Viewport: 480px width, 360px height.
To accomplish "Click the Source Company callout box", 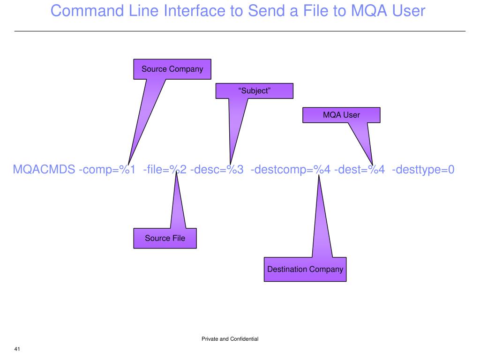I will tap(172, 69).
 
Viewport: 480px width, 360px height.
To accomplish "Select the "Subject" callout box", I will tap(254, 91).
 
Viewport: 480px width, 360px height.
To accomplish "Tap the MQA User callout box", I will tap(341, 115).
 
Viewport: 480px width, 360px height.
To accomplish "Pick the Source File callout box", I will tap(165, 238).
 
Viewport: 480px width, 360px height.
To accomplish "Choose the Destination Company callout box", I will tap(305, 269).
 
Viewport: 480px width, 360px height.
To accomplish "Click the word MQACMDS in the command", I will tap(44, 169).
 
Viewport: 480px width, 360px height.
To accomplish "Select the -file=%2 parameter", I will tap(165, 169).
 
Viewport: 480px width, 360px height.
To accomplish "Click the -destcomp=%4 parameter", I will tap(291, 169).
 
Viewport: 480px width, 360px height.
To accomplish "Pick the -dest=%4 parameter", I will tap(360, 169).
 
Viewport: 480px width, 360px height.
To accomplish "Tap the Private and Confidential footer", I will tap(230, 338).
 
